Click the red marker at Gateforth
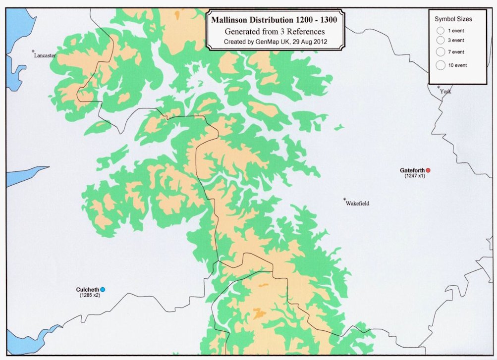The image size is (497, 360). tap(428, 170)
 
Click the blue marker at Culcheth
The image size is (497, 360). tap(103, 290)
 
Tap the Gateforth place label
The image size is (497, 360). tap(412, 170)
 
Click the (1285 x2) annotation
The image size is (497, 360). tap(90, 295)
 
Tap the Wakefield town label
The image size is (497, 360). tap(358, 204)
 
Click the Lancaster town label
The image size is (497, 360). tap(45, 55)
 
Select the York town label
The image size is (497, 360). tap(445, 91)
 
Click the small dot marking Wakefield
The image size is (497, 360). tap(345, 200)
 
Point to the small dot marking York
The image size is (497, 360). tap(439, 87)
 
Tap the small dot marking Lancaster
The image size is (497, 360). tap(33, 51)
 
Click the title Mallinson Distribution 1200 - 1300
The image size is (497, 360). tap(275, 21)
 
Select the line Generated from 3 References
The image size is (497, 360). tap(275, 32)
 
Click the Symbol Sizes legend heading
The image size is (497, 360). tap(453, 19)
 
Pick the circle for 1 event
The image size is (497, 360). tap(440, 30)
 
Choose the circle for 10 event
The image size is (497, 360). tap(441, 65)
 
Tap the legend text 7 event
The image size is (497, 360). tap(456, 52)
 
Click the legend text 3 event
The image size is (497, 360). tap(456, 40)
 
